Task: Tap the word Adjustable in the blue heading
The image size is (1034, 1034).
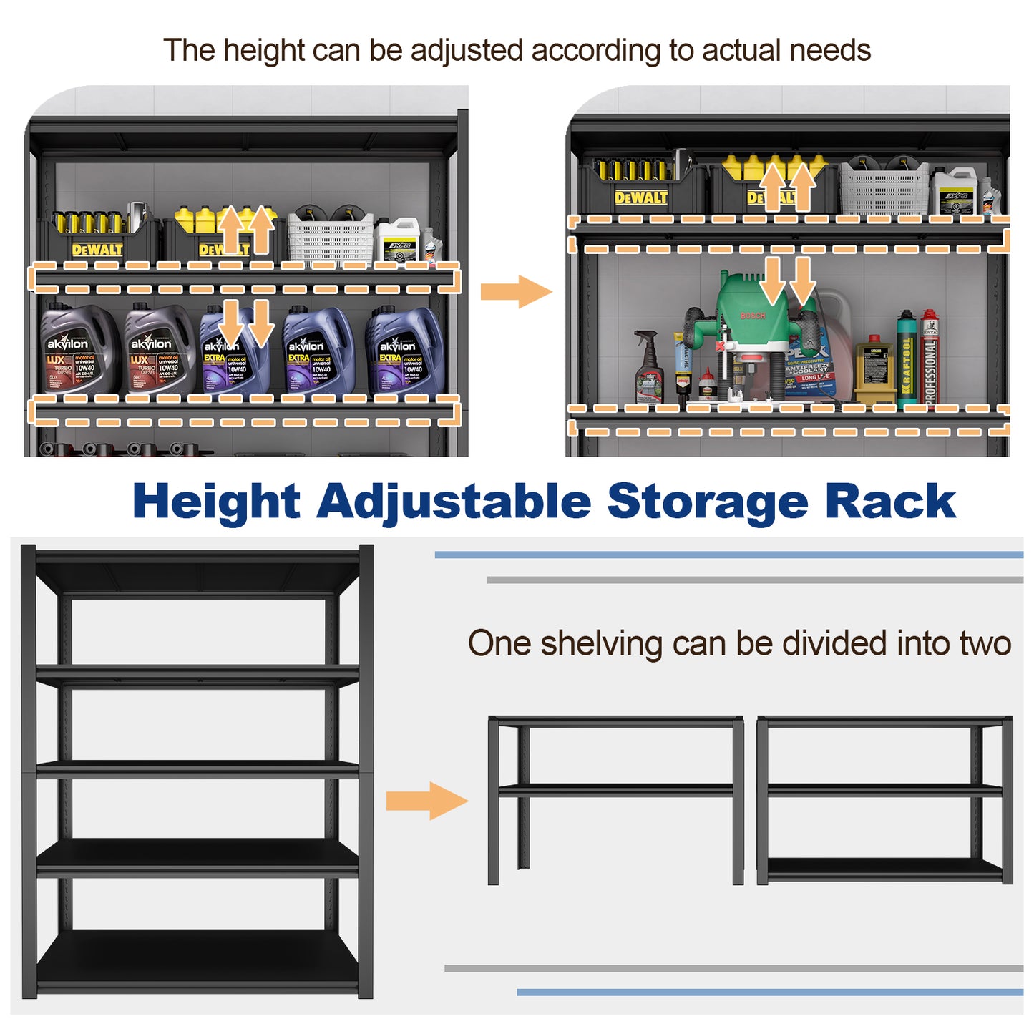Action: pos(454,502)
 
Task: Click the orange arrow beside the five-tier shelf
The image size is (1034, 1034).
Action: pos(426,801)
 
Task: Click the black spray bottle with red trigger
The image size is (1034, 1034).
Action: pos(648,369)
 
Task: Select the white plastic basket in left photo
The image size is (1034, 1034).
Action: pos(331,238)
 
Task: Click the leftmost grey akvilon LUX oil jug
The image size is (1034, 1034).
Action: pos(77,349)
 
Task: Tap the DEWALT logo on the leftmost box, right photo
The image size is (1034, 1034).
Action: pos(641,197)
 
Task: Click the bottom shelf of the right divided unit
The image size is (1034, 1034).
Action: pos(884,869)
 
